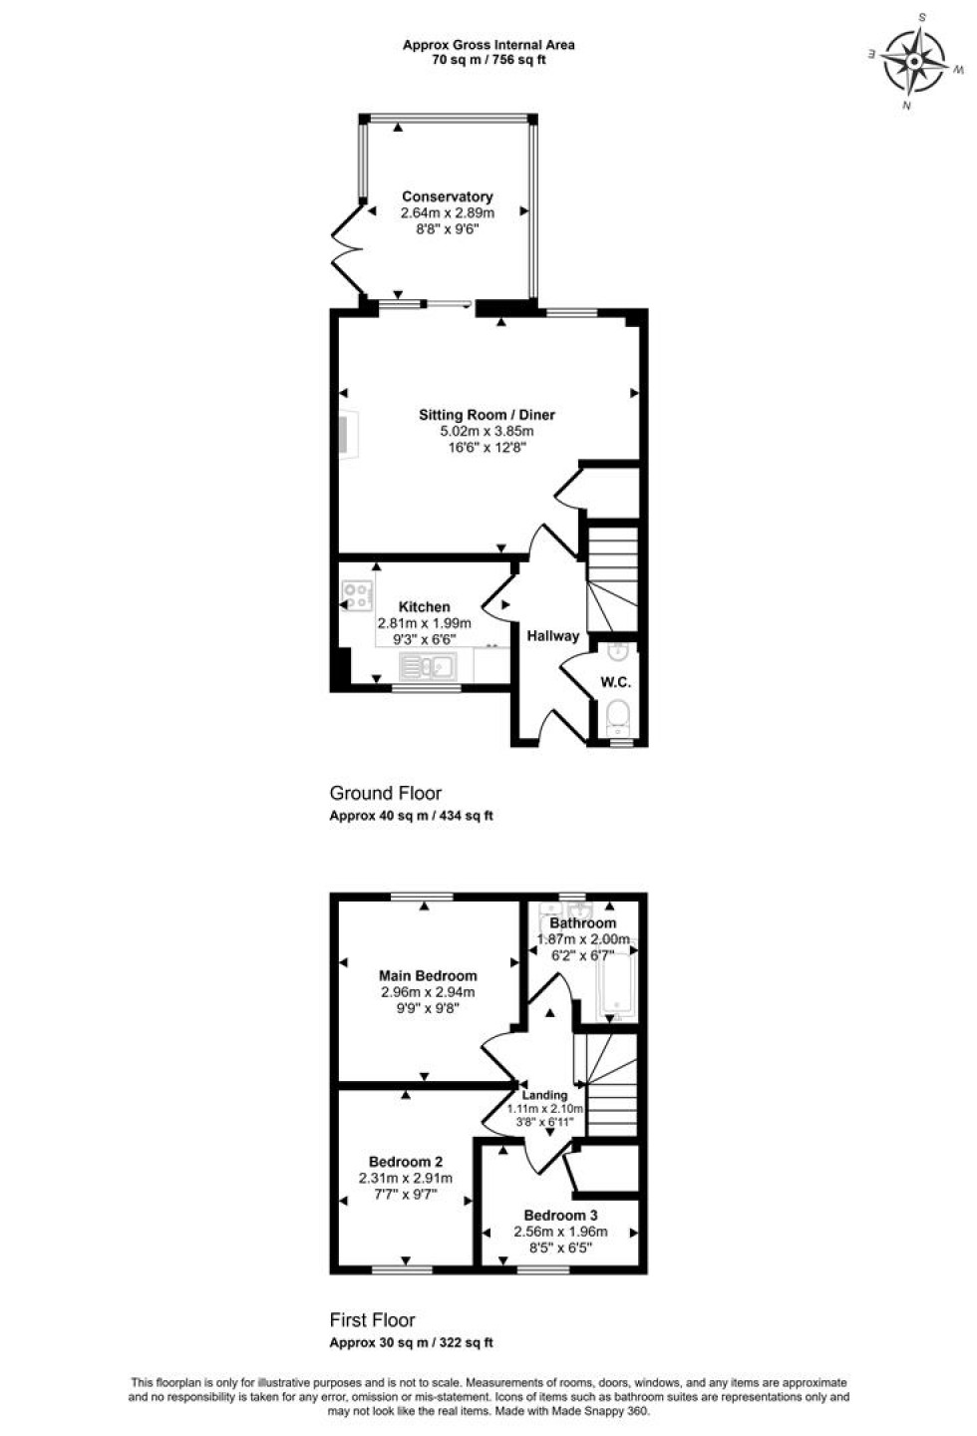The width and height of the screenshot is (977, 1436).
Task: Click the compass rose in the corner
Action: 914,59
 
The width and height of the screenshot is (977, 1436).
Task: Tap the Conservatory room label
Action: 447,196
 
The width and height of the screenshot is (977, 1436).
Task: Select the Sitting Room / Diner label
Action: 487,415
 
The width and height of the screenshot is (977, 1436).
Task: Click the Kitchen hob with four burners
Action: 357,595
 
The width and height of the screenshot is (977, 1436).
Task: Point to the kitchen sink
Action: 427,665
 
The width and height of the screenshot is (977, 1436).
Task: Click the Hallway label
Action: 552,635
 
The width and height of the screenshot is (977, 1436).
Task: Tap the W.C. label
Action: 614,683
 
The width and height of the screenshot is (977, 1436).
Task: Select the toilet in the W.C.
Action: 618,716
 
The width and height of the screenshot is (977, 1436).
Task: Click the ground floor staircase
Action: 610,578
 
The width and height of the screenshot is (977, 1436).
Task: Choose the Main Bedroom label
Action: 428,975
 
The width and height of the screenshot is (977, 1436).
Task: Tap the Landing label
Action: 544,1095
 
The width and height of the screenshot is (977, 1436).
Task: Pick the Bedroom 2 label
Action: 406,1161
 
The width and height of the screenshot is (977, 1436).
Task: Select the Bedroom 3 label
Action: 560,1215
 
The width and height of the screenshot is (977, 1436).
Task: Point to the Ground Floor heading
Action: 385,793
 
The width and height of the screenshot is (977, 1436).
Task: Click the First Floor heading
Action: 372,1320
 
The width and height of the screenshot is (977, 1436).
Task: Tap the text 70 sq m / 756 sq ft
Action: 488,60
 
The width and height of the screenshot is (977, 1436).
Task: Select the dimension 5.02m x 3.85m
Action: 487,432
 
